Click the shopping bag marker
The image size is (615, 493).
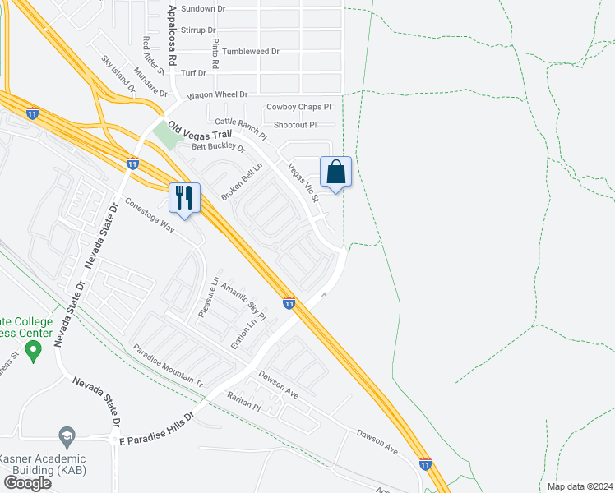pos(335,173)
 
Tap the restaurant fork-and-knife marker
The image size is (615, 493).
pos(184,198)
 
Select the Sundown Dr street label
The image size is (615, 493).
pos(203,8)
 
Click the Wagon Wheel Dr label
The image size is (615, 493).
pos(217,95)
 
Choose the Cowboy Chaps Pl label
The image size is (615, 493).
pos(298,107)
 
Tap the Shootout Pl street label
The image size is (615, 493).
pos(294,125)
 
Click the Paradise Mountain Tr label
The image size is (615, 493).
pos(167,365)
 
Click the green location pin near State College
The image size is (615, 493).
pos(34,352)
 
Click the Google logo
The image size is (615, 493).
pos(27,482)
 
